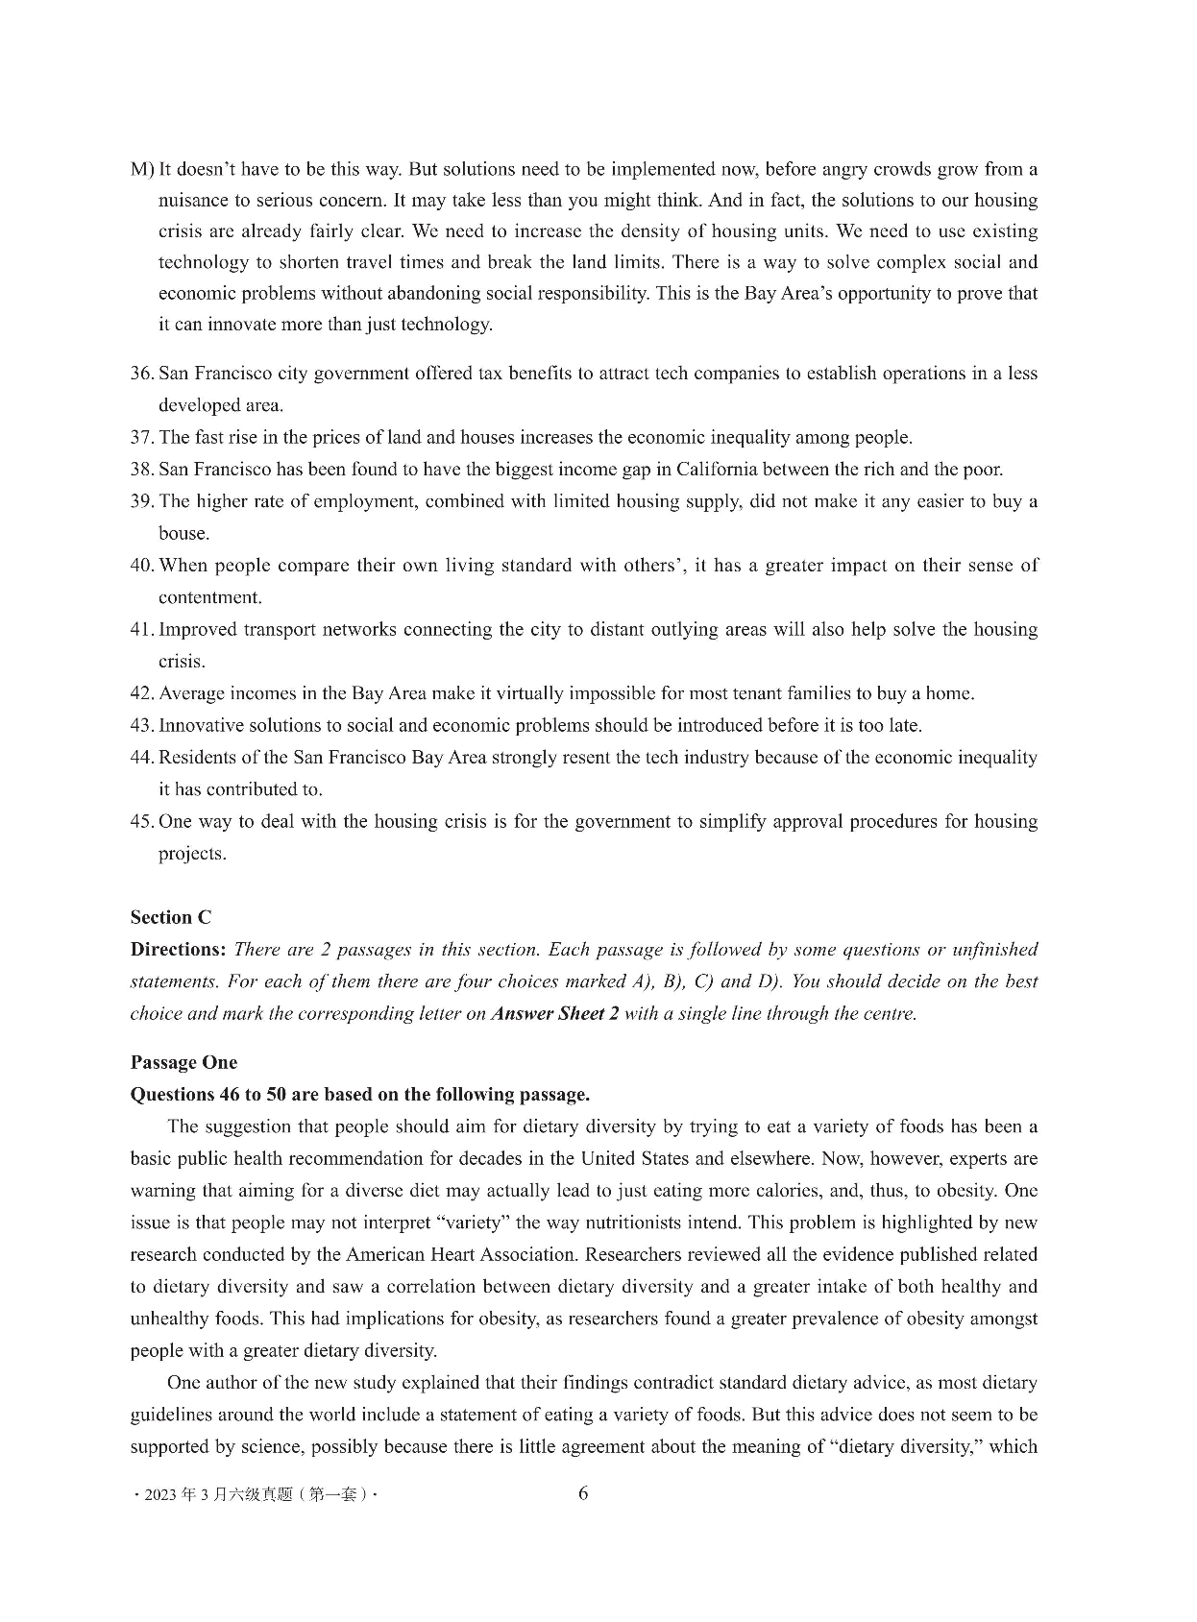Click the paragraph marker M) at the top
coord(142,170)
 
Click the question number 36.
coord(142,374)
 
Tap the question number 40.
coord(142,566)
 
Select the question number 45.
coord(142,822)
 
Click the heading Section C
coord(170,917)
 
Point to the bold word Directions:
coord(178,950)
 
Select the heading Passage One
coord(183,1062)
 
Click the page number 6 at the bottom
coord(583,1493)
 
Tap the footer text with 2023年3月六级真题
coord(256,1496)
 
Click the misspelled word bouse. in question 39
coord(183,534)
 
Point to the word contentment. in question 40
coord(210,597)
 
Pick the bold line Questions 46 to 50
coord(359,1095)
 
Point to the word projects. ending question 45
coord(192,854)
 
